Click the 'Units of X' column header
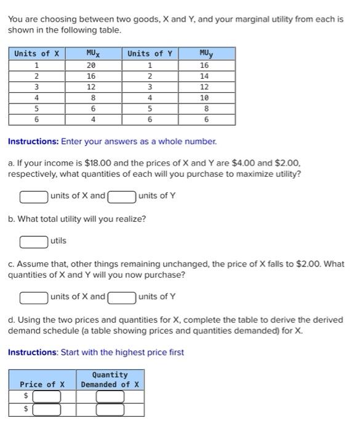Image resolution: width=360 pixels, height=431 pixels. pyautogui.click(x=36, y=54)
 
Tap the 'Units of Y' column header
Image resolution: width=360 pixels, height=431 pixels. pyautogui.click(x=149, y=54)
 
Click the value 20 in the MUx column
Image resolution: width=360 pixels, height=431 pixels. pyautogui.click(x=91, y=65)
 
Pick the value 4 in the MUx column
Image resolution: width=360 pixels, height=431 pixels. pyautogui.click(x=91, y=120)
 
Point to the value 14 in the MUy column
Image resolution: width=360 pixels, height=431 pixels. pyautogui.click(x=204, y=76)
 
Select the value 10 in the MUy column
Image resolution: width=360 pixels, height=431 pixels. pyautogui.click(x=204, y=98)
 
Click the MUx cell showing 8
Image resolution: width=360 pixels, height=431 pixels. pyautogui.click(x=91, y=98)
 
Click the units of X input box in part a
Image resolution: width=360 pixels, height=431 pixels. pyautogui.click(x=34, y=197)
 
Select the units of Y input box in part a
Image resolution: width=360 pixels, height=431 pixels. pyautogui.click(x=122, y=197)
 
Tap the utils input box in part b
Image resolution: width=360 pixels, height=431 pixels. pyautogui.click(x=34, y=241)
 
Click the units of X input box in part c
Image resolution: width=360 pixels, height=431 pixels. pyautogui.click(x=34, y=297)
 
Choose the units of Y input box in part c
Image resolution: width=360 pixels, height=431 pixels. pyautogui.click(x=122, y=297)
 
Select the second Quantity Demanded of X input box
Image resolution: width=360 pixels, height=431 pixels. pyautogui.click(x=110, y=409)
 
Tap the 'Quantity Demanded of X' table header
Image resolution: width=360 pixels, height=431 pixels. pyautogui.click(x=110, y=380)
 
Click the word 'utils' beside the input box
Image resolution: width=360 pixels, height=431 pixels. pyautogui.click(x=58, y=241)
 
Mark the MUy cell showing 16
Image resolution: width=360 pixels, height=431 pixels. pyautogui.click(x=204, y=65)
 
